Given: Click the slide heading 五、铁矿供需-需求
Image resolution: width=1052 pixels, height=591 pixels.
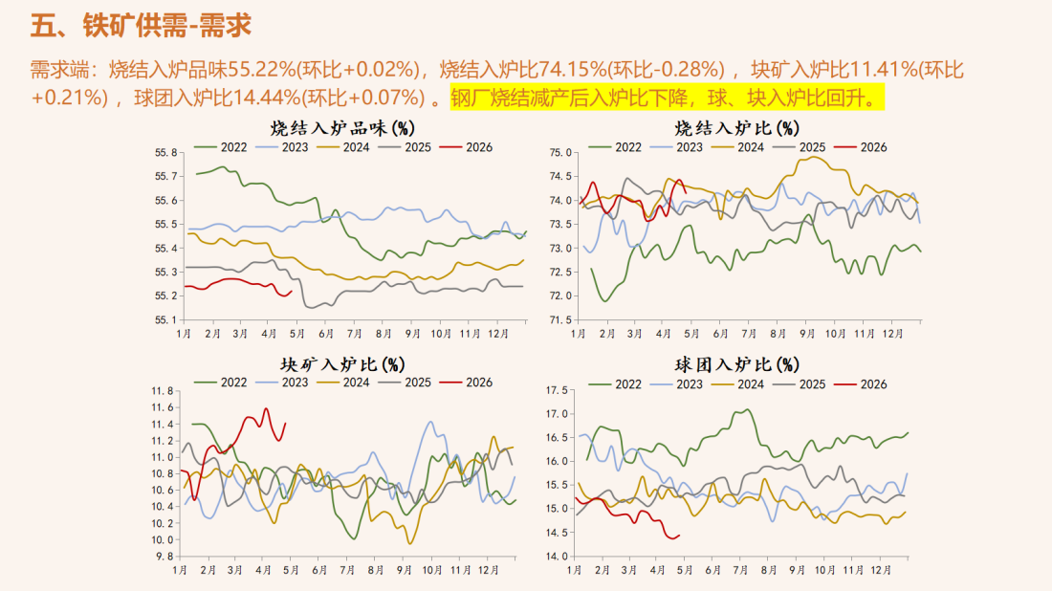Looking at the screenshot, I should tap(141, 26).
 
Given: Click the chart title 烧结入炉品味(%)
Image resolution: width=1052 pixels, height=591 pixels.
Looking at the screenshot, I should tap(341, 127).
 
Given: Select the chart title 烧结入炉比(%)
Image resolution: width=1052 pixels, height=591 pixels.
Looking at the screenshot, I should tap(736, 127).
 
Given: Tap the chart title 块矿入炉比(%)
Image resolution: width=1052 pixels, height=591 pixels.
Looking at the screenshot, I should tap(341, 363).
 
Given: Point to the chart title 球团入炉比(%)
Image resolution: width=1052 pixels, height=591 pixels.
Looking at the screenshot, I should tap(736, 364).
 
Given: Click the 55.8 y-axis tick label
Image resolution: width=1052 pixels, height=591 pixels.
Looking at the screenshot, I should tap(165, 153).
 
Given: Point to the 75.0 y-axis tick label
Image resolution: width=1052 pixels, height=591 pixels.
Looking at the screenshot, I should tap(560, 153).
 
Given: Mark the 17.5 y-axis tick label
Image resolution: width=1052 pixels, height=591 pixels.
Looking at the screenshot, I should tap(557, 390).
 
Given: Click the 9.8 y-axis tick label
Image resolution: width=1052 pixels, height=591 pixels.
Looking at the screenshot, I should tap(165, 556).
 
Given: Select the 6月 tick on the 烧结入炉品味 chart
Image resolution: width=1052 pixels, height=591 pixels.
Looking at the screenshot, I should tap(325, 334).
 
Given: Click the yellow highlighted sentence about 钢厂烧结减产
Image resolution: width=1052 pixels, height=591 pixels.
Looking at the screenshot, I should tap(666, 98).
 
